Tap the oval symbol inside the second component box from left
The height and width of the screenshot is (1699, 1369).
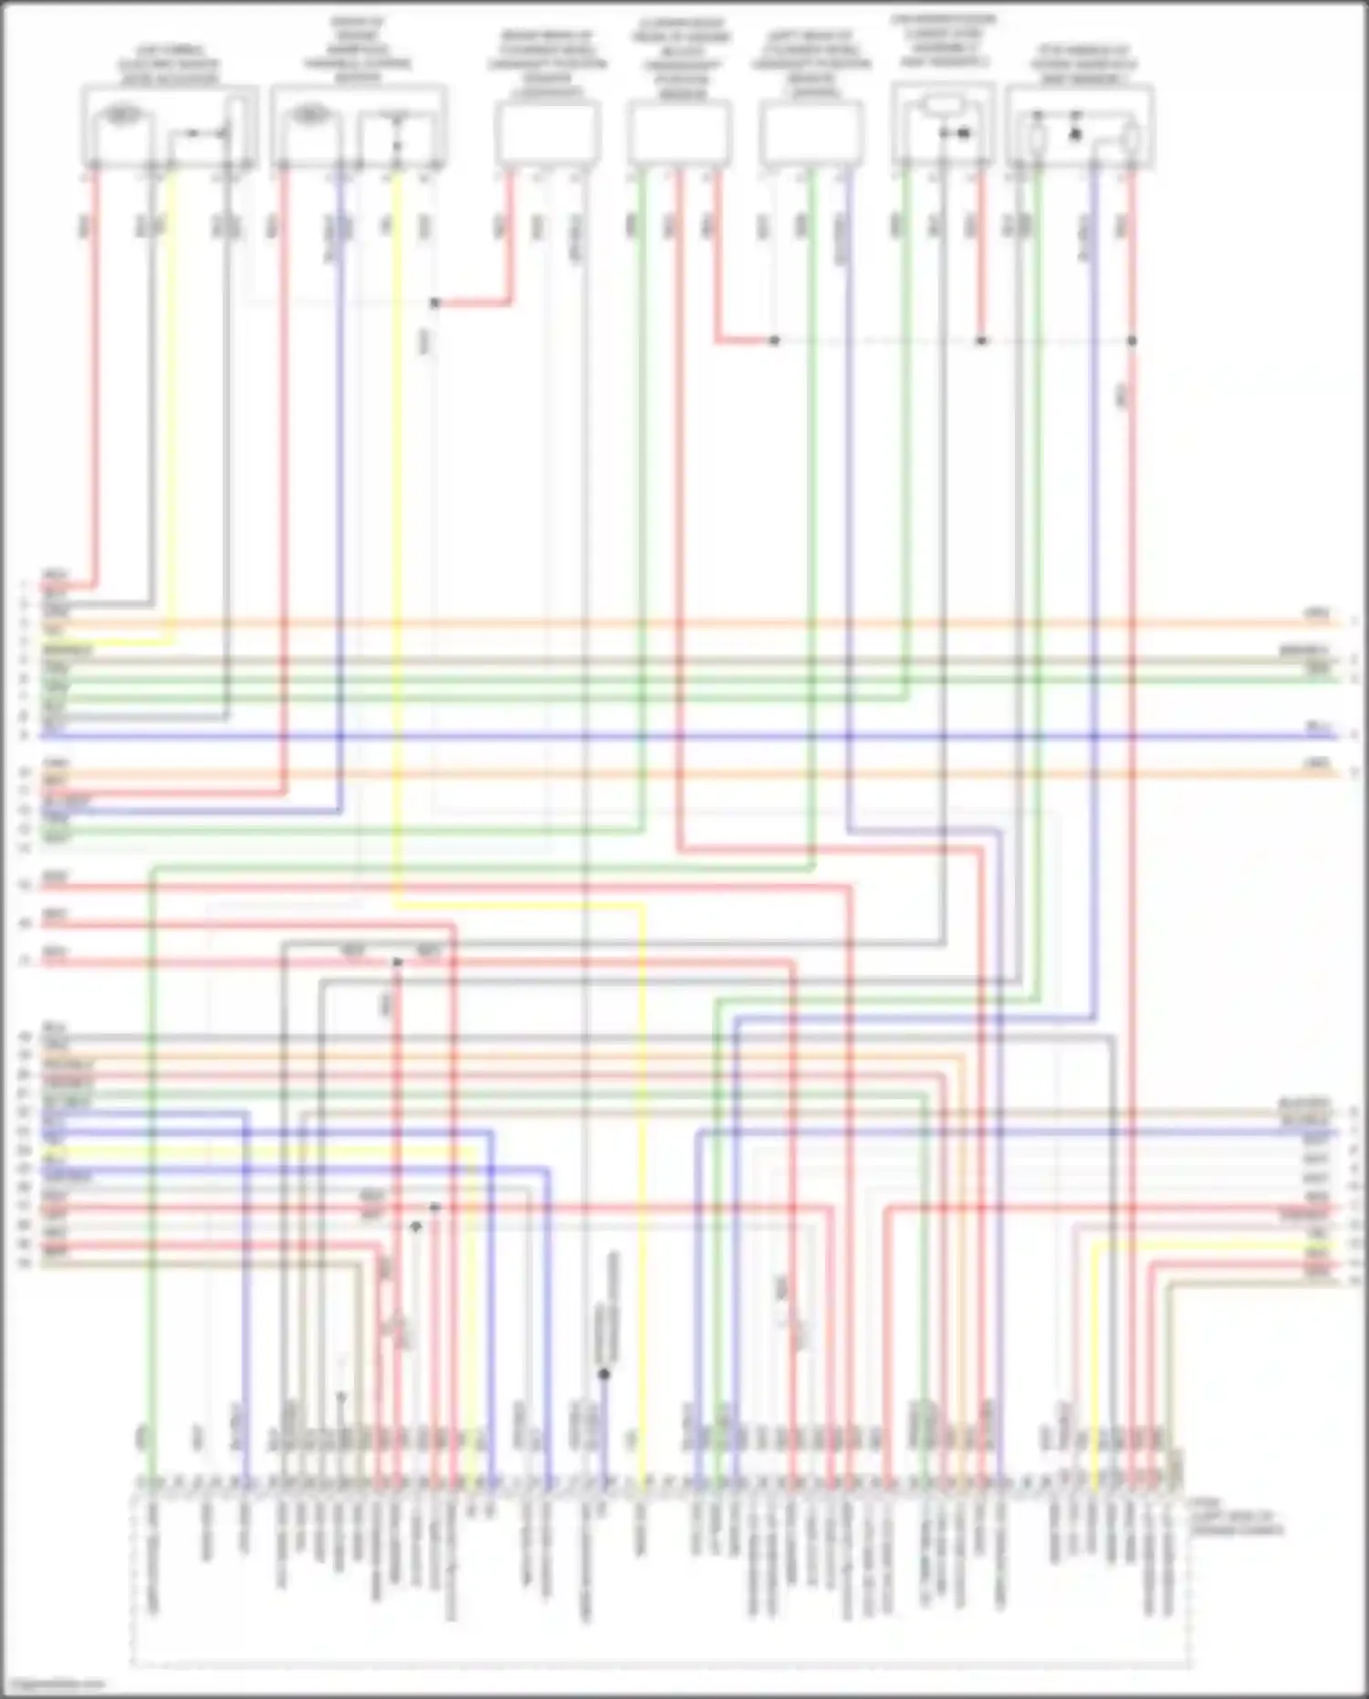pos(310,115)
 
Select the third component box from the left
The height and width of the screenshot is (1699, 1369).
pos(548,133)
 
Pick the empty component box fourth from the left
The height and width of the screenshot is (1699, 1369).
pos(680,133)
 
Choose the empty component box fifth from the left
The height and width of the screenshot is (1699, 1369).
pos(811,133)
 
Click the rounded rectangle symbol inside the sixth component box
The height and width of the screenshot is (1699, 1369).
pos(943,106)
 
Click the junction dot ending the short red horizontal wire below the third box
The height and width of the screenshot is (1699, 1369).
pos(435,303)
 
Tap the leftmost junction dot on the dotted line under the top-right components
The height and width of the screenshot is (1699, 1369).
pos(774,341)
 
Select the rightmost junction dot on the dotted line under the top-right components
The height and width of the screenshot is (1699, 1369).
pos(1132,341)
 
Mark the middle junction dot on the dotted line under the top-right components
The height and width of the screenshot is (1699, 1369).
pos(982,341)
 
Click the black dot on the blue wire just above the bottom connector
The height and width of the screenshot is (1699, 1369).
pos(604,1373)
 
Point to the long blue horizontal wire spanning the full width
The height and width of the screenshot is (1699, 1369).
pos(684,735)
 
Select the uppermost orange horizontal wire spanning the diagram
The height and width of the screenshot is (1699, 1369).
pos(684,624)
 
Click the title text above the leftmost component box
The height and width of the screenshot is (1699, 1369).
pos(169,65)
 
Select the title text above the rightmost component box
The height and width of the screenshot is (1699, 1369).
pos(1082,65)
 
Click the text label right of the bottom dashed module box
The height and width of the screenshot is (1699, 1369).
pos(1237,1520)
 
